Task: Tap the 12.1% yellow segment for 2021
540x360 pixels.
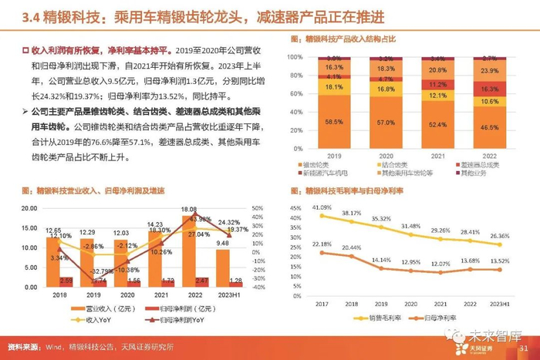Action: point(438,95)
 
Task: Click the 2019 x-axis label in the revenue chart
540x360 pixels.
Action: point(89,294)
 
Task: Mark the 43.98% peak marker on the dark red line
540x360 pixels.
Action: point(190,218)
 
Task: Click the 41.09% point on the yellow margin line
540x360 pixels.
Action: point(321,215)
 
